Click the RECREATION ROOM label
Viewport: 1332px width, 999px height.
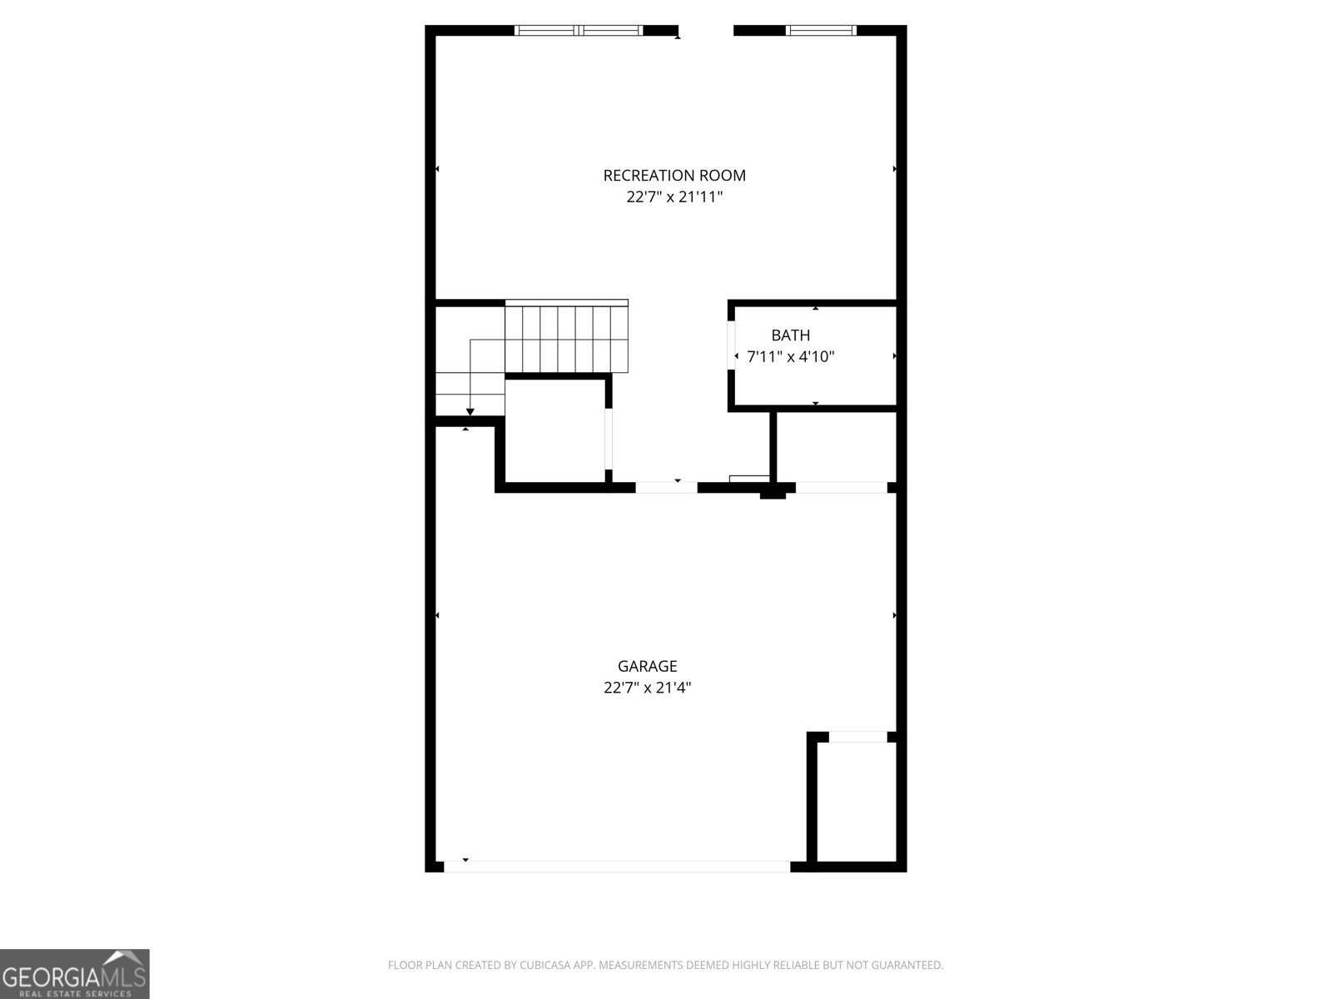coord(674,176)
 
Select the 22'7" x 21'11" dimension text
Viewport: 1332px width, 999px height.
coord(674,197)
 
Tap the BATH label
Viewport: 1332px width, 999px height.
coord(790,335)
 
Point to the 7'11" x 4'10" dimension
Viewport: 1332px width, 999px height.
coord(790,357)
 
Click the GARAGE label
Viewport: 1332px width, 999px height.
coord(647,666)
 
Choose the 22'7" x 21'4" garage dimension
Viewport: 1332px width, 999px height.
coord(647,688)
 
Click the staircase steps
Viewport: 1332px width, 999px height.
coord(566,338)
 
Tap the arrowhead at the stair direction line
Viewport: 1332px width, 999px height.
coord(470,411)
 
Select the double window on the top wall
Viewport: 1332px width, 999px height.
coord(579,31)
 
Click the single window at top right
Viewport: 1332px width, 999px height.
coord(821,31)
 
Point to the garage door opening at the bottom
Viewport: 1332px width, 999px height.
coord(616,867)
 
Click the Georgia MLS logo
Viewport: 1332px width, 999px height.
coord(75,974)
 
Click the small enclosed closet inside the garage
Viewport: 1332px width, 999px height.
coord(856,801)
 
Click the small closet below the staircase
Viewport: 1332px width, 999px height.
coord(554,430)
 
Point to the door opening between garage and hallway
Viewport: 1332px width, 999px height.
coord(666,487)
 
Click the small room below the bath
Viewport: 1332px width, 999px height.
coord(836,446)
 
